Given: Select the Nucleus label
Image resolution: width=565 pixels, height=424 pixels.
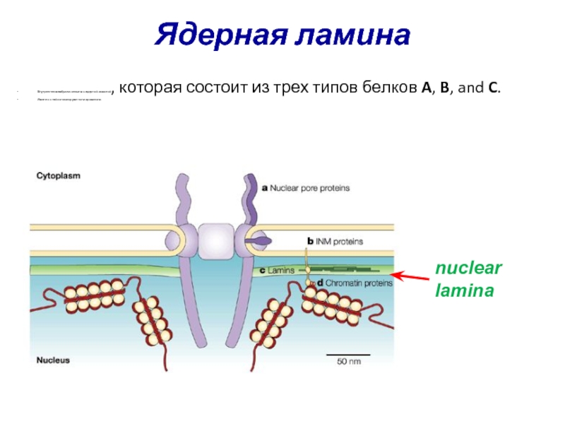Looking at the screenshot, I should (54, 360).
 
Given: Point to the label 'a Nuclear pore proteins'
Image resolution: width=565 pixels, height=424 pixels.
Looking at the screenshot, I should (305, 189).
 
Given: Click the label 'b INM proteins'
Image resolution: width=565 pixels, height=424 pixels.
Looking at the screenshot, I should (334, 241).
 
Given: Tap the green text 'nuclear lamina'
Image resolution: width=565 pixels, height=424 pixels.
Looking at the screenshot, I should (468, 279).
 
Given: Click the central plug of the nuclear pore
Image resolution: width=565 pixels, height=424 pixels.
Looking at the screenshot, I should (215, 241).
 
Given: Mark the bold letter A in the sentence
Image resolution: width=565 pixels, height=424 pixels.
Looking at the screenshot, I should (426, 89).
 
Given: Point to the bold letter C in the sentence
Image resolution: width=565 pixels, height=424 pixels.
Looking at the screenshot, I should (493, 89).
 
